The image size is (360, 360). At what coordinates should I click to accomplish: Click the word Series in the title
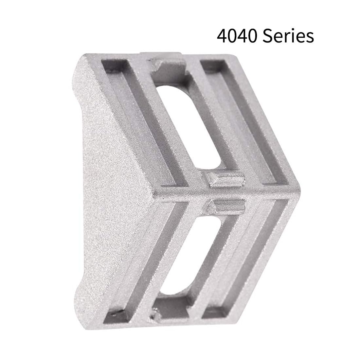[288, 36]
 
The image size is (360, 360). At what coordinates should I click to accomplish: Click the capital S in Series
[268, 36]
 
